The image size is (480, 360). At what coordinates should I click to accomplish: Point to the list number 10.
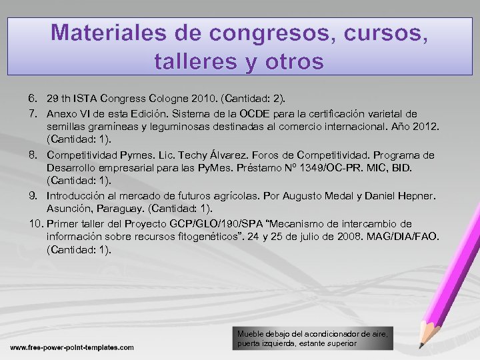pos(36,223)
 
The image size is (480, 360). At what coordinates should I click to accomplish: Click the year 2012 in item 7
pos(421,127)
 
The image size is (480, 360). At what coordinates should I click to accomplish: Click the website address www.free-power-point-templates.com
pos(71,347)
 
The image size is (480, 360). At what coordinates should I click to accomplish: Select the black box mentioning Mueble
pos(313,338)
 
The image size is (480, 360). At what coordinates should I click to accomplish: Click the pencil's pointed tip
pos(420,347)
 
